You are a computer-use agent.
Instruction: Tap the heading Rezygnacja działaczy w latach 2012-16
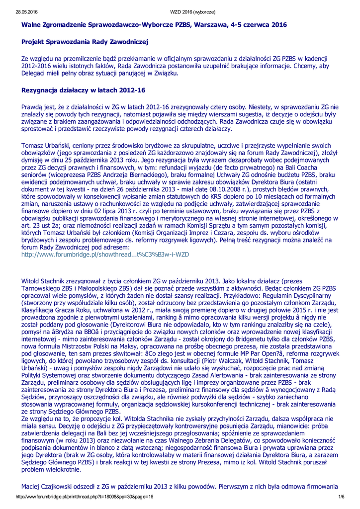pos(83,90)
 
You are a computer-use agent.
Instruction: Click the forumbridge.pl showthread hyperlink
pos(105,254)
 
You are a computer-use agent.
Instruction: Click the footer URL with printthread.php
pos(84,497)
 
